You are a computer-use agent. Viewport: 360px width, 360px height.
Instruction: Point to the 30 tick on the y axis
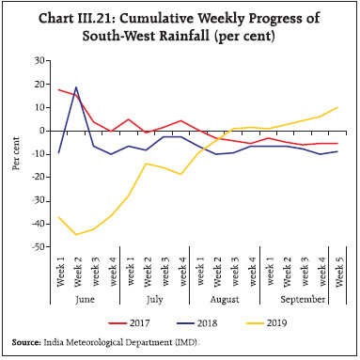[40, 60]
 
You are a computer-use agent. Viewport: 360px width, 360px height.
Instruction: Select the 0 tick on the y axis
[44, 131]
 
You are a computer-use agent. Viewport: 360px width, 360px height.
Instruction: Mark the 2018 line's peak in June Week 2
[75, 87]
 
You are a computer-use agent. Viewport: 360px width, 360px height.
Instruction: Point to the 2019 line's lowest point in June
[75, 234]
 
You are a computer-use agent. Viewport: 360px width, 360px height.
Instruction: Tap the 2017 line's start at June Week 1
[58, 89]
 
